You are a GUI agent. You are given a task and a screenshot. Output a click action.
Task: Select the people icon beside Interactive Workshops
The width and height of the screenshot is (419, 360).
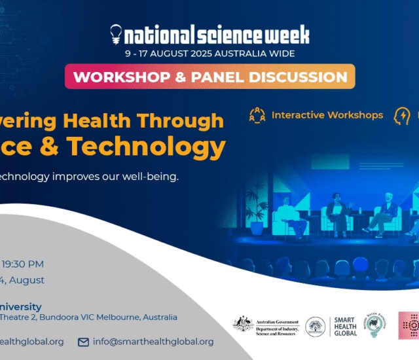coord(257,116)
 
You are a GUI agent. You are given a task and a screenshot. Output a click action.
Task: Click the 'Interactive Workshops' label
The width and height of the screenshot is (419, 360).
coord(327,115)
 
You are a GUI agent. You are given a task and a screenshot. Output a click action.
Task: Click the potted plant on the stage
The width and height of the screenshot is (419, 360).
coord(257,213)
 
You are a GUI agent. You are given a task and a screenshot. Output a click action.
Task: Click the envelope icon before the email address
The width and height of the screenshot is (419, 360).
coord(83,342)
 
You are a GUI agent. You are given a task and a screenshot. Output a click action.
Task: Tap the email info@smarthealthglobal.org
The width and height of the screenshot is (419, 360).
coord(153,342)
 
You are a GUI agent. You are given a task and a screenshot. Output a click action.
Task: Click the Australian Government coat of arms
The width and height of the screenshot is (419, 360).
coord(243,323)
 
